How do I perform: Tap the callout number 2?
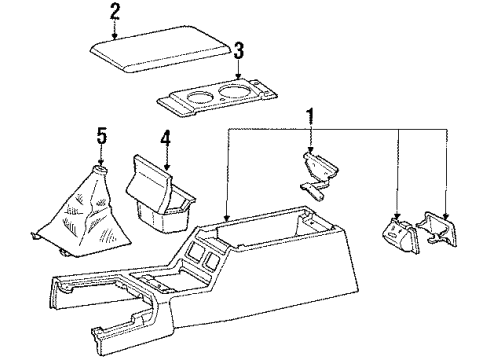[115, 12]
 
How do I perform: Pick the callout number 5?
[101, 134]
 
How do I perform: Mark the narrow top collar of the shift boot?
[100, 172]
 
